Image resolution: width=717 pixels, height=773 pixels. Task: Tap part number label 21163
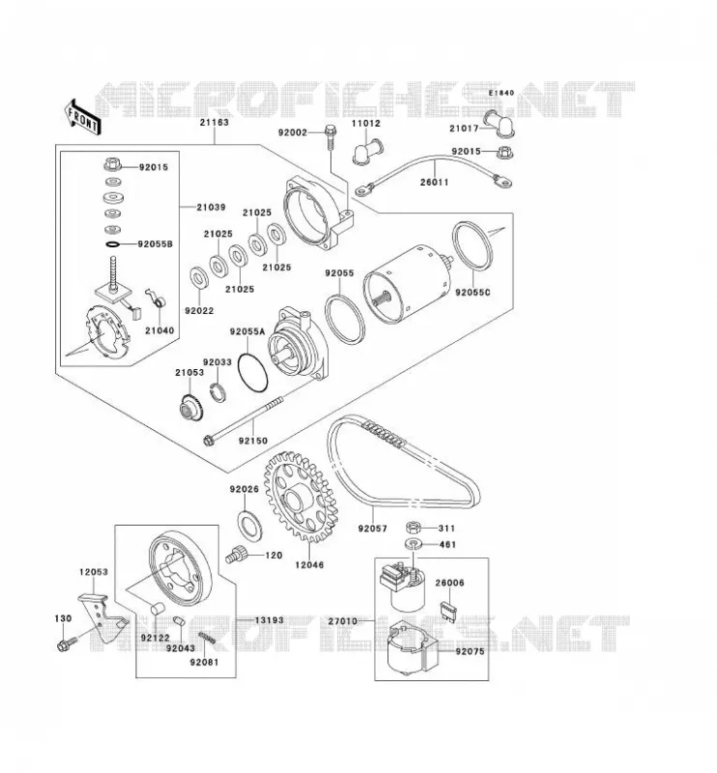[x=214, y=123]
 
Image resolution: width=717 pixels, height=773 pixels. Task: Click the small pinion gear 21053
[x=190, y=407]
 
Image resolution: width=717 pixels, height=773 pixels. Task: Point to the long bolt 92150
[x=244, y=421]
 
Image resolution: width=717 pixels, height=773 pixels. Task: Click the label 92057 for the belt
[x=373, y=529]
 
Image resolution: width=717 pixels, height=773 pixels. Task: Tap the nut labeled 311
[x=414, y=528]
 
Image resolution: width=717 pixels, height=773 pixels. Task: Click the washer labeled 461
[x=414, y=544]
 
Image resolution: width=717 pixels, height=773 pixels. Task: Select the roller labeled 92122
[x=157, y=608]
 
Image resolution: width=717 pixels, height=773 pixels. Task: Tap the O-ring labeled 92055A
[x=252, y=373]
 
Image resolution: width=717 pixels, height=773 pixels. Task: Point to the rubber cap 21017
[x=499, y=124]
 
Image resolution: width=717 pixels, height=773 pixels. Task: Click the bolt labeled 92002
[x=330, y=137]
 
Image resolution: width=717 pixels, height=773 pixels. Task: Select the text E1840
[x=501, y=93]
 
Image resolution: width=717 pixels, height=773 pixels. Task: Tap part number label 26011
[x=435, y=183]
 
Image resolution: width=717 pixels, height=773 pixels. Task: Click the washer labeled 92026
[x=249, y=525]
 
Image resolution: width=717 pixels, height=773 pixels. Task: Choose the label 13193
[x=270, y=620]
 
